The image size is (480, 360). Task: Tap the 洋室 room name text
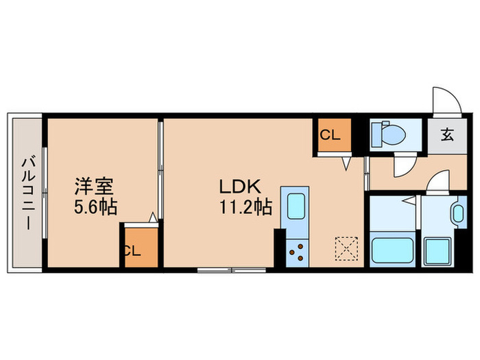[94, 186]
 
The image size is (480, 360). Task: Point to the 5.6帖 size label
[95, 206]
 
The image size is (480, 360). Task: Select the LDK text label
[237, 186]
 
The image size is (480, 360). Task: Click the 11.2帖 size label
[245, 206]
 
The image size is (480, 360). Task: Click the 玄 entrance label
[446, 135]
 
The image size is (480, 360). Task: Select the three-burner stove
[298, 253]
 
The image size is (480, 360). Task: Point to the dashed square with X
[346, 249]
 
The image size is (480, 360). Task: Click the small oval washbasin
[457, 213]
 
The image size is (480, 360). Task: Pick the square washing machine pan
[437, 250]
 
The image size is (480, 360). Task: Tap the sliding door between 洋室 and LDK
[159, 168]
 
